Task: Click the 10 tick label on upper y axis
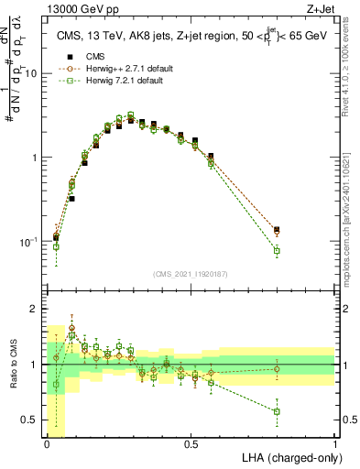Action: [x=32, y=73]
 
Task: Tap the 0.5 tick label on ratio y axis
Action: [x=32, y=420]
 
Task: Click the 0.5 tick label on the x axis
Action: [x=191, y=442]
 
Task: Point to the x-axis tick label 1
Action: [x=334, y=442]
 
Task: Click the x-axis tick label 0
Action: [x=47, y=442]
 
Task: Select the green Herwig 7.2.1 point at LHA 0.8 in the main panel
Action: [x=277, y=251]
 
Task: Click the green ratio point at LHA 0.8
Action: [x=277, y=411]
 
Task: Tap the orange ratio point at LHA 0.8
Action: [x=277, y=369]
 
